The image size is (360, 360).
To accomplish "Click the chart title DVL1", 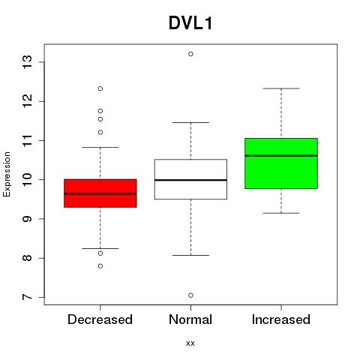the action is pyautogui.click(x=190, y=23).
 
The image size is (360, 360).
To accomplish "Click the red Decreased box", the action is pyautogui.click(x=100, y=193).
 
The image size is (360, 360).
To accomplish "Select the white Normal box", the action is pyautogui.click(x=190, y=179).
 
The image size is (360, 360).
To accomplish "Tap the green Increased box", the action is pyautogui.click(x=281, y=163).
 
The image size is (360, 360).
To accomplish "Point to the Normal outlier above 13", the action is pyautogui.click(x=190, y=54).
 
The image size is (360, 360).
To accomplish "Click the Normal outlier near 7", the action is pyautogui.click(x=190, y=295).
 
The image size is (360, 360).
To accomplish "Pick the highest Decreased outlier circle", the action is pyautogui.click(x=100, y=88).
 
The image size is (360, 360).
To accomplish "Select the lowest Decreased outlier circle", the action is pyautogui.click(x=100, y=266).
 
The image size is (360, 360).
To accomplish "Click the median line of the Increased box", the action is pyautogui.click(x=281, y=155).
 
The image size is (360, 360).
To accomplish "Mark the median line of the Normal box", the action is pyautogui.click(x=190, y=180).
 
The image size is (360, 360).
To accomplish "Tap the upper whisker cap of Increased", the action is pyautogui.click(x=281, y=88).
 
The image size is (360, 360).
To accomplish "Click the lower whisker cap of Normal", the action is pyautogui.click(x=190, y=255).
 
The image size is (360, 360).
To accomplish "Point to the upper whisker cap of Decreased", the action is pyautogui.click(x=100, y=147).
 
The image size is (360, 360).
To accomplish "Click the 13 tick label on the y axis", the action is pyautogui.click(x=28, y=62).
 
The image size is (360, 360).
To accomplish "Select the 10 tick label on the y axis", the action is pyautogui.click(x=28, y=179).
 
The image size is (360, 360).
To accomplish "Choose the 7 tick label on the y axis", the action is pyautogui.click(x=28, y=297).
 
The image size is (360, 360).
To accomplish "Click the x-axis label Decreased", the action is pyautogui.click(x=100, y=319).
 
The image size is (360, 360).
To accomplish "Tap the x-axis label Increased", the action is pyautogui.click(x=281, y=319).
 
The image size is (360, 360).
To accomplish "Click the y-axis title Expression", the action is pyautogui.click(x=7, y=174).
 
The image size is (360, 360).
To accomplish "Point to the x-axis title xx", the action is pyautogui.click(x=190, y=343).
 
